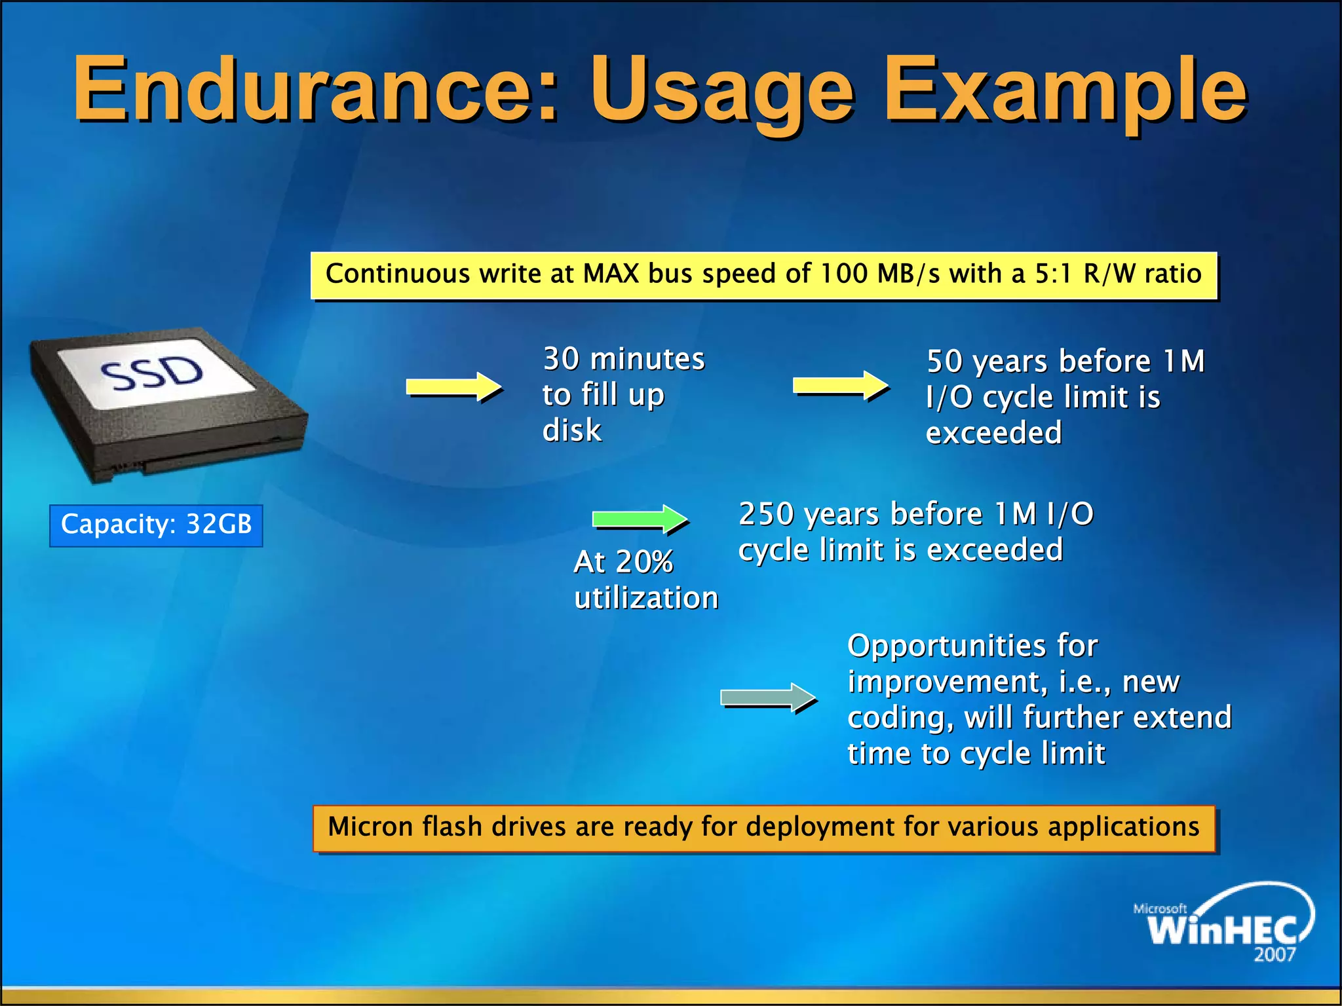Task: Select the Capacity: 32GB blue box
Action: point(156,525)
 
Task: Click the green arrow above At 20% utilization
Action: point(640,519)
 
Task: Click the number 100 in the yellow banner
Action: point(844,274)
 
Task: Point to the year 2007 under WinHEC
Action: point(1275,955)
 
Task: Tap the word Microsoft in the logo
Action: point(1160,909)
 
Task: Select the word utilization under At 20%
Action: point(646,599)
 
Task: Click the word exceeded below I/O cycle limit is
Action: point(993,434)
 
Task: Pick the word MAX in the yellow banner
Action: point(611,274)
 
